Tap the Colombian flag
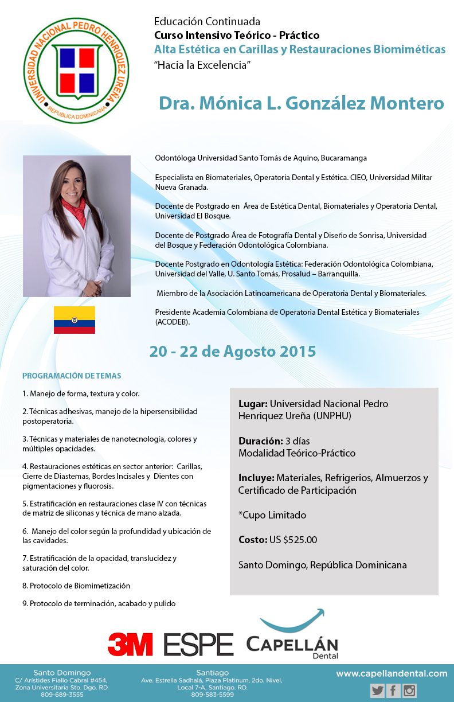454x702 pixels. (75, 320)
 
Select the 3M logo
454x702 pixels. (130, 644)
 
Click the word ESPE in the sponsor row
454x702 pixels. (198, 645)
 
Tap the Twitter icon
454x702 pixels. (378, 691)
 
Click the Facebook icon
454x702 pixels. (394, 691)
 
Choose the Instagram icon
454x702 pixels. (409, 691)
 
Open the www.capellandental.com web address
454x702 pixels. (392, 673)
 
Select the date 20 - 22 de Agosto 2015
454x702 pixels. (233, 351)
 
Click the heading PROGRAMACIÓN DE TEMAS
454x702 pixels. (72, 376)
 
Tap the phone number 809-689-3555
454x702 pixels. (62, 695)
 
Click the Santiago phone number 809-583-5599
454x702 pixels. (212, 695)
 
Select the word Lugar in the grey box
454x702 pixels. (252, 404)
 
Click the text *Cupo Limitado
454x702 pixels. (272, 515)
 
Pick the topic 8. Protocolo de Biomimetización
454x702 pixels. (76, 586)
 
